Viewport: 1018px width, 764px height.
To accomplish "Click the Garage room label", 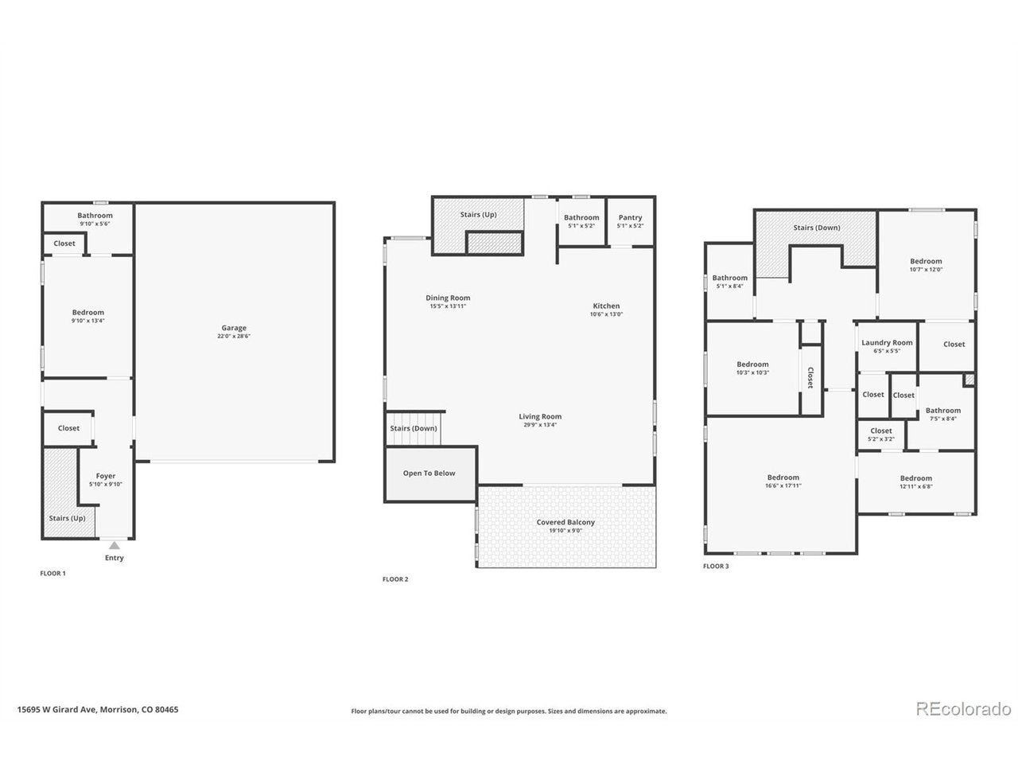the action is point(233,328).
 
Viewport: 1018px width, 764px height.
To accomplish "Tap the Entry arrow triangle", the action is point(114,545).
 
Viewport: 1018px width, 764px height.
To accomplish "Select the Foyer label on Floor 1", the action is point(106,476).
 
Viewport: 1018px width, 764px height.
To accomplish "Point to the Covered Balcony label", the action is point(565,522).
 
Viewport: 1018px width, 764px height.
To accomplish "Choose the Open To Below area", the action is point(429,474).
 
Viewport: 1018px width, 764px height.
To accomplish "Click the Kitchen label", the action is point(606,306).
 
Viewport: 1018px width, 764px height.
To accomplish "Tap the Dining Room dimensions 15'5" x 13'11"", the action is point(448,306).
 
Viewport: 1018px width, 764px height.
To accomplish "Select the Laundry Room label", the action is point(887,342).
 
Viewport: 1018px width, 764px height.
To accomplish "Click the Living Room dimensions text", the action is point(540,424).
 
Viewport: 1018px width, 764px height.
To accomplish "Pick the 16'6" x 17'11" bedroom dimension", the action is point(783,485).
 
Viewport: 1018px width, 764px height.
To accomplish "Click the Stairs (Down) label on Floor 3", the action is point(816,228).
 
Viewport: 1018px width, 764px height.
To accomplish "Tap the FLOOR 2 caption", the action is point(395,579).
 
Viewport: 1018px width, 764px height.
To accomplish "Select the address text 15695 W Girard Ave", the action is point(57,709).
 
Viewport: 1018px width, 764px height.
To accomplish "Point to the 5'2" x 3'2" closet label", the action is point(880,439).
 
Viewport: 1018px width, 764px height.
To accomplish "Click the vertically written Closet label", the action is point(810,377).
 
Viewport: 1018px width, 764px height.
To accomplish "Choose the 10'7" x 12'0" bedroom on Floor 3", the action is point(926,265).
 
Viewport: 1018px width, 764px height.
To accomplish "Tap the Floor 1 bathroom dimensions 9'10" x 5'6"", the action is point(95,224).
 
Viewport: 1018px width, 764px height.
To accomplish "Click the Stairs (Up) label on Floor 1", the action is point(68,518).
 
